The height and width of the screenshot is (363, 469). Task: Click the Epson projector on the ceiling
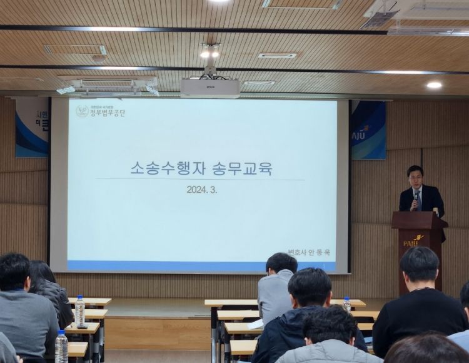(210, 87)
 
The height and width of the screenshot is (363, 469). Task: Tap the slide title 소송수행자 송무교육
(201, 168)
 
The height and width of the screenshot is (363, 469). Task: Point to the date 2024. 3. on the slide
(201, 190)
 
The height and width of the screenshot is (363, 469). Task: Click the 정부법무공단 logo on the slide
(100, 111)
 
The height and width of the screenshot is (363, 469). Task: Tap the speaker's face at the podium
(415, 176)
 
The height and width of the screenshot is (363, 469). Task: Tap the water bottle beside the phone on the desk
(79, 311)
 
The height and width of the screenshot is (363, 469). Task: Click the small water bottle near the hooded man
(347, 304)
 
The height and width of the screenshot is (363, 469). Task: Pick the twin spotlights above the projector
(210, 53)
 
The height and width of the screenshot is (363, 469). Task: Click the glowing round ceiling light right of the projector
(434, 84)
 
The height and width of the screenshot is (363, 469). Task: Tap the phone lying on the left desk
(82, 326)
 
